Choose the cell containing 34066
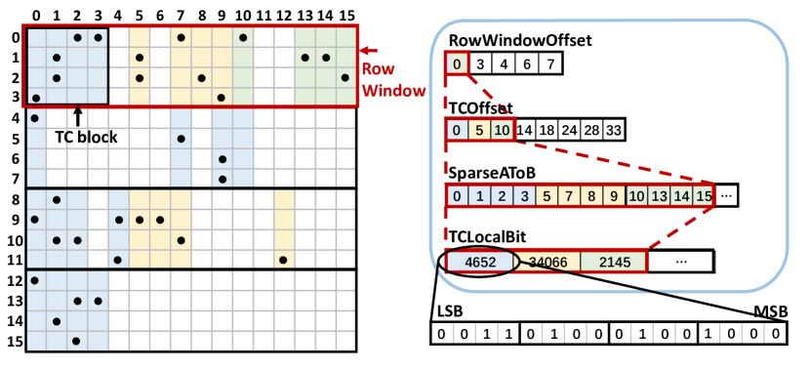click(x=547, y=262)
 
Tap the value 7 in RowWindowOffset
click(x=550, y=64)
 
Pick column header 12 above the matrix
click(x=284, y=15)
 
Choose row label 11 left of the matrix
click(x=14, y=260)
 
